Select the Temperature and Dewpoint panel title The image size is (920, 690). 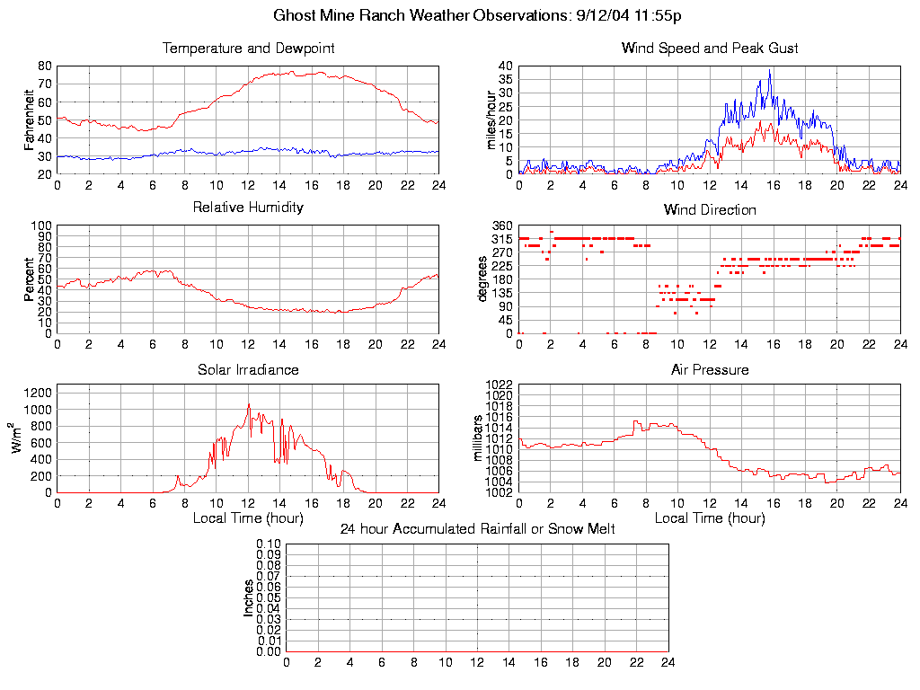(x=248, y=49)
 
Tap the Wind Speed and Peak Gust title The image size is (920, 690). (x=710, y=49)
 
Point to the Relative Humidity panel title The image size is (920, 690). (x=248, y=208)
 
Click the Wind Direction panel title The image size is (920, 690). (x=710, y=210)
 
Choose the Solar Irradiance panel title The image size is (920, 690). (x=248, y=369)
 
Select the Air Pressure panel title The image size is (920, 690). (x=710, y=369)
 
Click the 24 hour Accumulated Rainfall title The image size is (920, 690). (x=477, y=529)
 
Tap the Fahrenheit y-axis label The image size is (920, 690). (x=30, y=119)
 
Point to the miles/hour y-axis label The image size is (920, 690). (x=491, y=119)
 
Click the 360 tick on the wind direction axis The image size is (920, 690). (x=502, y=226)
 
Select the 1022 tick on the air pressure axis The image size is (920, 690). (x=499, y=385)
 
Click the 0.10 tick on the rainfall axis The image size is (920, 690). (x=268, y=544)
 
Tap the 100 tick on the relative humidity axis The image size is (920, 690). (x=42, y=226)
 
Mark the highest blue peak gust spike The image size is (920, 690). (x=770, y=71)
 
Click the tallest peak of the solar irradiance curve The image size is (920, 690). (x=249, y=404)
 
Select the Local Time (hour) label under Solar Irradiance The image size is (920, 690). (x=248, y=517)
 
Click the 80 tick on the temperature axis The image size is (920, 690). (x=45, y=66)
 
